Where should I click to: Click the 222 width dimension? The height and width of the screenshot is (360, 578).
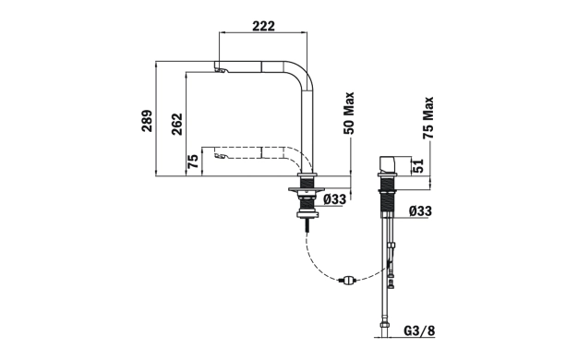tap(263, 26)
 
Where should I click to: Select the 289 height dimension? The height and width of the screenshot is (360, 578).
tap(147, 121)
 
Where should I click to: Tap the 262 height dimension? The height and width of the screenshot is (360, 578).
tap(177, 125)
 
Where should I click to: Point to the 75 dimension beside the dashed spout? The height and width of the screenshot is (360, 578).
tap(193, 161)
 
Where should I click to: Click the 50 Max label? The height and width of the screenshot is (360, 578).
tap(348, 114)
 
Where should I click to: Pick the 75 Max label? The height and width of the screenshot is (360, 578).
tap(428, 118)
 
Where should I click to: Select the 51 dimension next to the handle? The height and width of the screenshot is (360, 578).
tap(418, 166)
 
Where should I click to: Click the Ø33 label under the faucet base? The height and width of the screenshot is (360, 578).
tap(335, 199)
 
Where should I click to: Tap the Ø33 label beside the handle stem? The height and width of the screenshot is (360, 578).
tap(420, 211)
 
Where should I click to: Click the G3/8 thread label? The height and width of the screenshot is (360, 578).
tap(419, 330)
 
